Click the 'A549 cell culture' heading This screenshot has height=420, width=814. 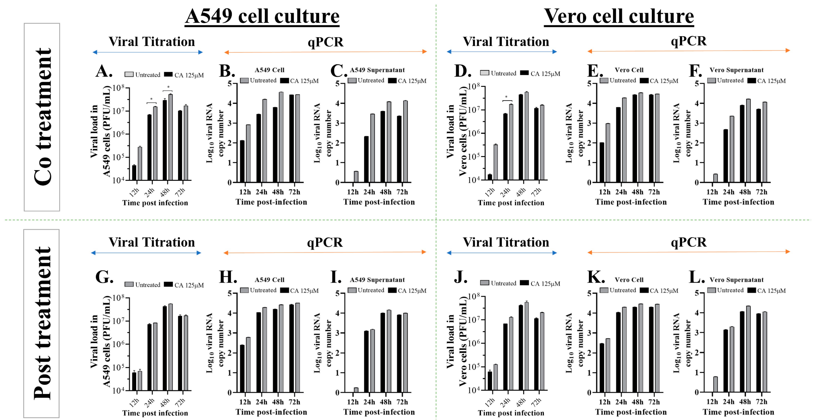pos(262,16)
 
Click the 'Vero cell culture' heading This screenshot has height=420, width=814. pos(618,16)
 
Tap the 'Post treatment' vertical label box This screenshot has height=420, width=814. pos(41,323)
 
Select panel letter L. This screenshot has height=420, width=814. pos(696,278)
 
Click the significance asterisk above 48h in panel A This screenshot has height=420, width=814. pos(168,87)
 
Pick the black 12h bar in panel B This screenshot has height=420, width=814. pos(242,161)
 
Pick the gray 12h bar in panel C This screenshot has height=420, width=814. pos(356,177)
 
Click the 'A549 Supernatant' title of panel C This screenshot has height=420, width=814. pos(377,70)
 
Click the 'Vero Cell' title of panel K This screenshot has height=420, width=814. pos(629,280)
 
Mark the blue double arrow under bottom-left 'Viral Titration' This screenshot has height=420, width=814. pos(146,253)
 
